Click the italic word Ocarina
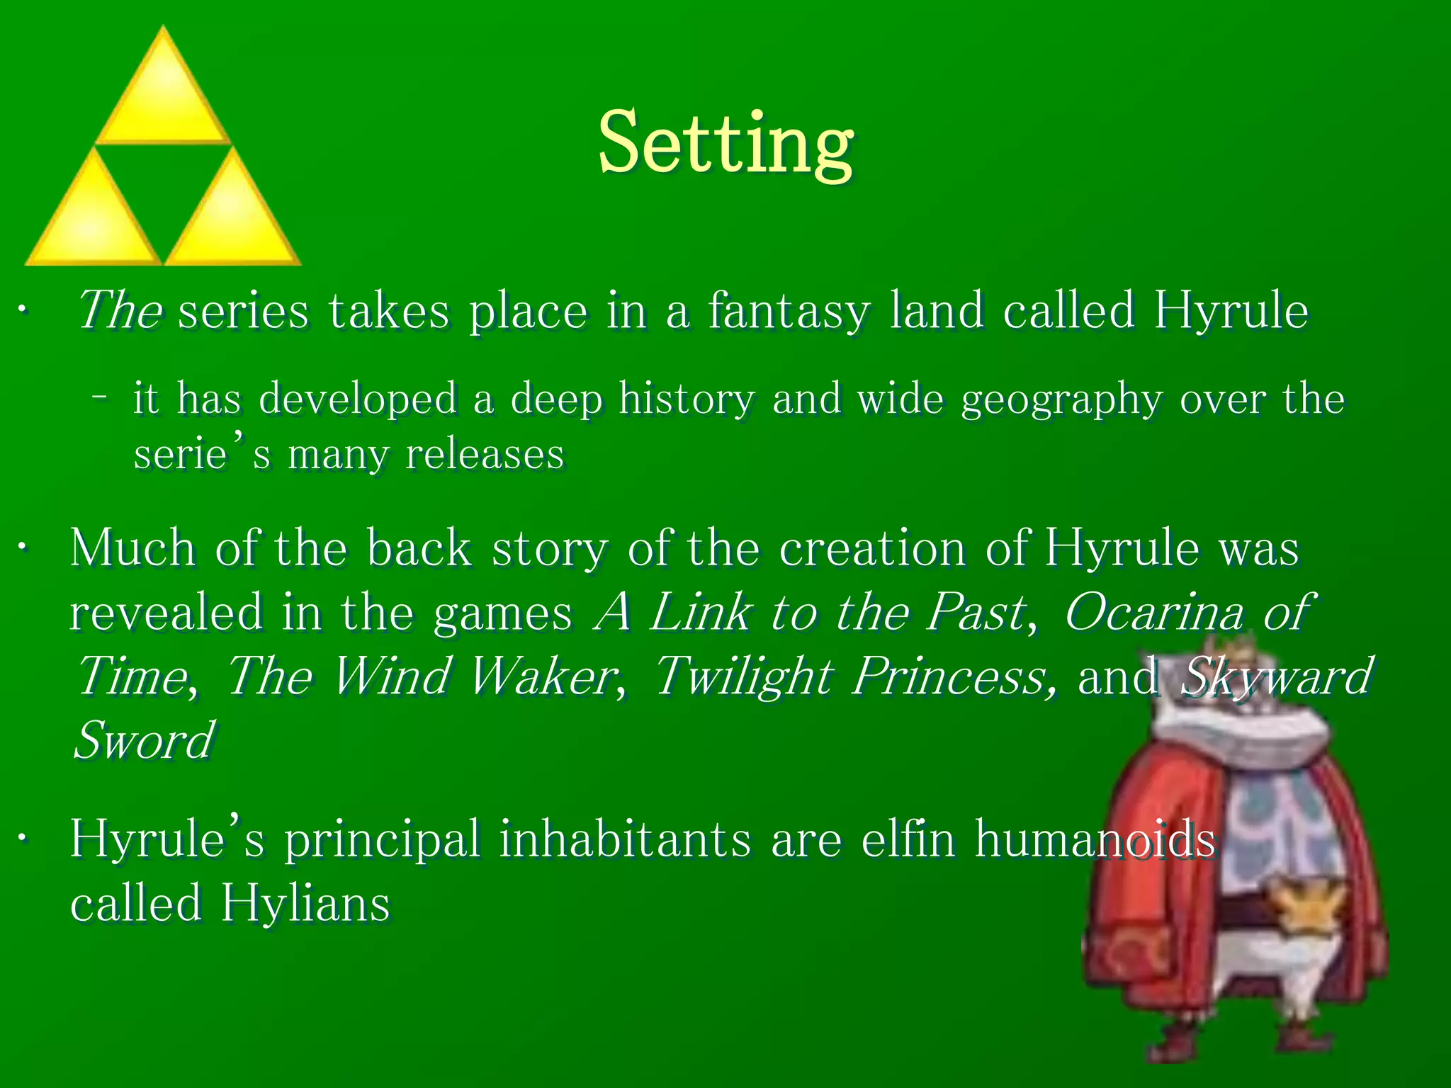pyautogui.click(x=1153, y=612)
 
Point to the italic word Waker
pyautogui.click(x=543, y=676)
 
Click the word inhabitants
pyautogui.click(x=625, y=839)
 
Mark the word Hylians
pyautogui.click(x=305, y=904)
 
